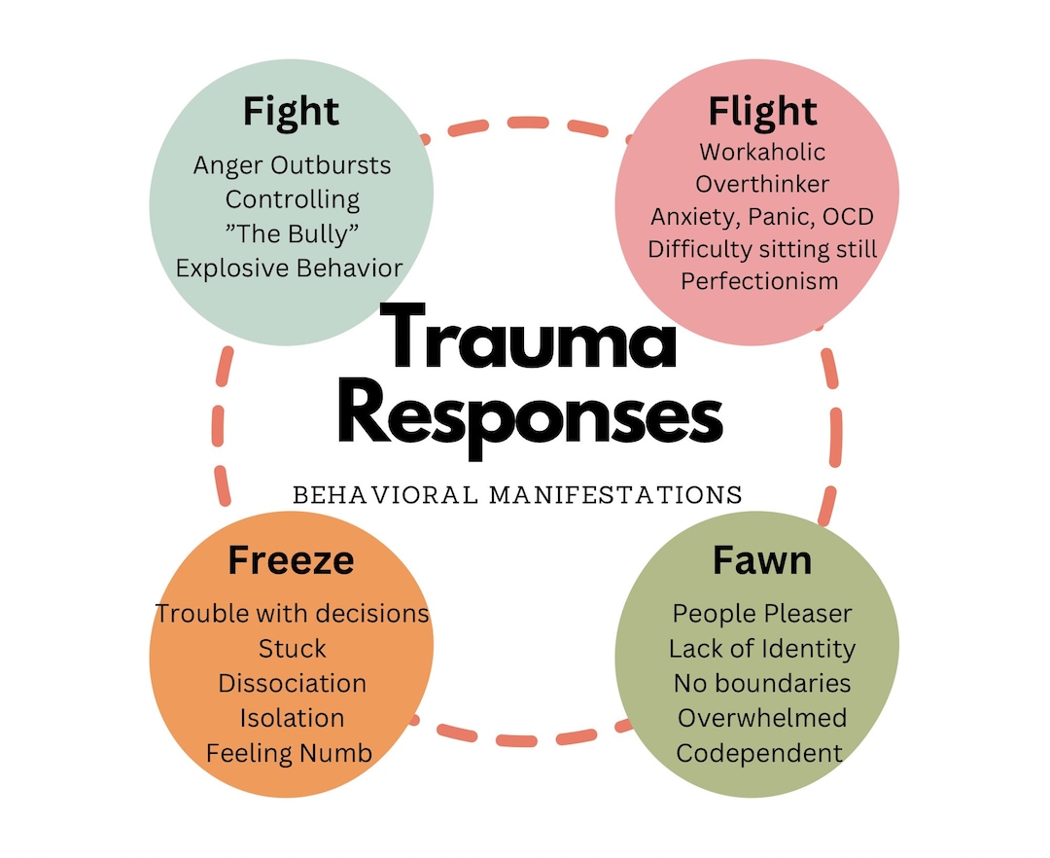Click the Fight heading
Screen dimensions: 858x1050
[x=291, y=111]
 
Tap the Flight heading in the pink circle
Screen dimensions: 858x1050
[x=762, y=111]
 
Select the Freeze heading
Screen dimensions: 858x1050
[x=291, y=561]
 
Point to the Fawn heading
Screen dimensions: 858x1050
[x=761, y=561]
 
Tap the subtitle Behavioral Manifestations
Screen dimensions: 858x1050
[x=517, y=494]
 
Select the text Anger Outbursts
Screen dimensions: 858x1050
[x=293, y=165]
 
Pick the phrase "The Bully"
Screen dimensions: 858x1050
[x=293, y=233]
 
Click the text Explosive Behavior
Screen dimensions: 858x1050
[x=290, y=268]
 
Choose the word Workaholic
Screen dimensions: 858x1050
[x=762, y=153]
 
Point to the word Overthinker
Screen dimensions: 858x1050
[x=762, y=185]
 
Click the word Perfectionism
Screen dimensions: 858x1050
[x=759, y=281]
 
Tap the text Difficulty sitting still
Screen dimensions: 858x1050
[x=762, y=249]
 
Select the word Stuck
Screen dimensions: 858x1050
[x=293, y=648]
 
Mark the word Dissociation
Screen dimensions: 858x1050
[x=293, y=683]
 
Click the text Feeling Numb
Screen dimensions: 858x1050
[x=289, y=752]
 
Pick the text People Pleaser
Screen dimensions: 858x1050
[x=762, y=614]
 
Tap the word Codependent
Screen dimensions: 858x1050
[x=759, y=752]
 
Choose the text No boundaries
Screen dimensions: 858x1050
[x=762, y=683]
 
